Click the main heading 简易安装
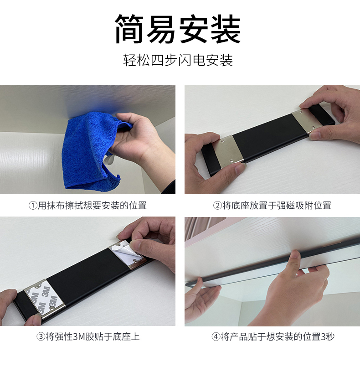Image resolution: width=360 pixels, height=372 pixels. [x=178, y=29]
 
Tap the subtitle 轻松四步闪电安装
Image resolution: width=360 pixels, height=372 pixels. [x=178, y=60]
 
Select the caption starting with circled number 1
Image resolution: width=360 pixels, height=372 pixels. [x=87, y=206]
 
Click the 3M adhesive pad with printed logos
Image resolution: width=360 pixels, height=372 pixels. [x=45, y=298]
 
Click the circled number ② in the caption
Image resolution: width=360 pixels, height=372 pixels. [x=217, y=206]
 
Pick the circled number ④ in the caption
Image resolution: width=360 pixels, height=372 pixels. [x=216, y=336]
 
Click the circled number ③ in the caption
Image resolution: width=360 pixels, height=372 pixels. [x=41, y=336]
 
